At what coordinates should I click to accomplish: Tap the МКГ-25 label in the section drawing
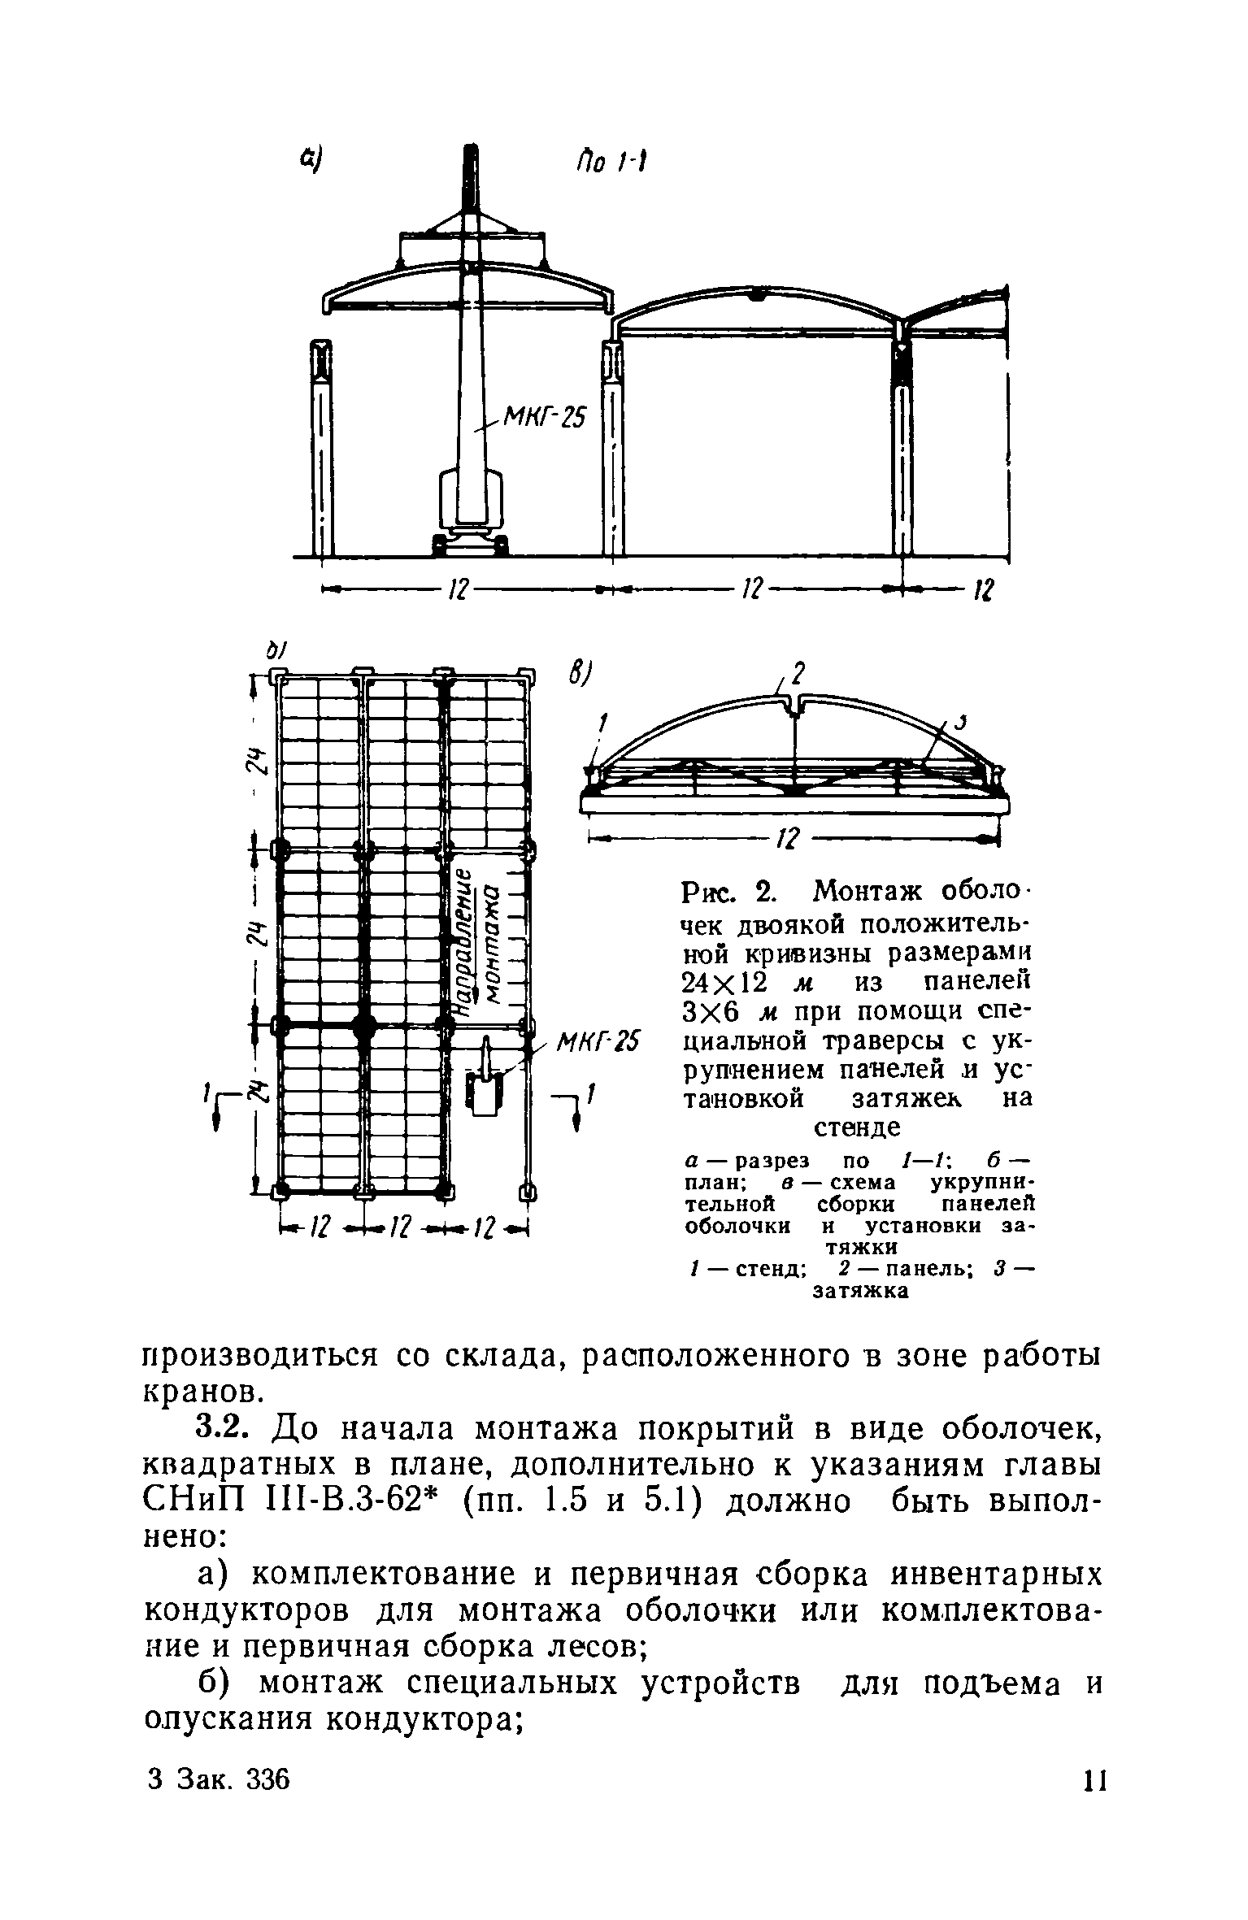click(544, 419)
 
